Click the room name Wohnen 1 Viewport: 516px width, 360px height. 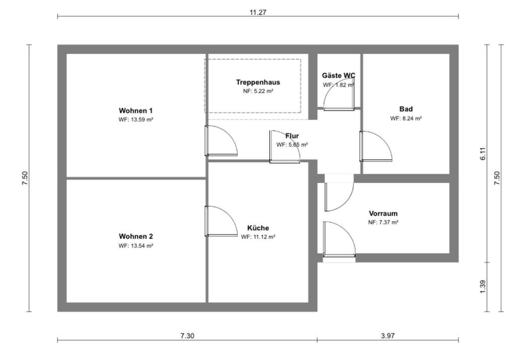point(136,110)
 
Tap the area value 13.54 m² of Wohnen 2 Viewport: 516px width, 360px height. point(136,246)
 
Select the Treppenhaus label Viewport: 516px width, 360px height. point(257,82)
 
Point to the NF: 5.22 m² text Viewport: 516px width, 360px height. point(257,92)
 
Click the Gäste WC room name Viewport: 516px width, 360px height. point(339,76)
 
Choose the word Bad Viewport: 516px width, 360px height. point(406,109)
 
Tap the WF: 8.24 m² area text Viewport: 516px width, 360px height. point(406,118)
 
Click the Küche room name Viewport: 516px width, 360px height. point(258,227)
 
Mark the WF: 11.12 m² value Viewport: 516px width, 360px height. point(258,236)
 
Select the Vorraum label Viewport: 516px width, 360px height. point(383,213)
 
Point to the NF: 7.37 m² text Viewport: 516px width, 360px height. point(383,222)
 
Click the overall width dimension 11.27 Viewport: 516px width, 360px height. point(257,13)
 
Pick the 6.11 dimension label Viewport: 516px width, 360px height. point(482,154)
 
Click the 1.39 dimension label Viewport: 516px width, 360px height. point(482,286)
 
